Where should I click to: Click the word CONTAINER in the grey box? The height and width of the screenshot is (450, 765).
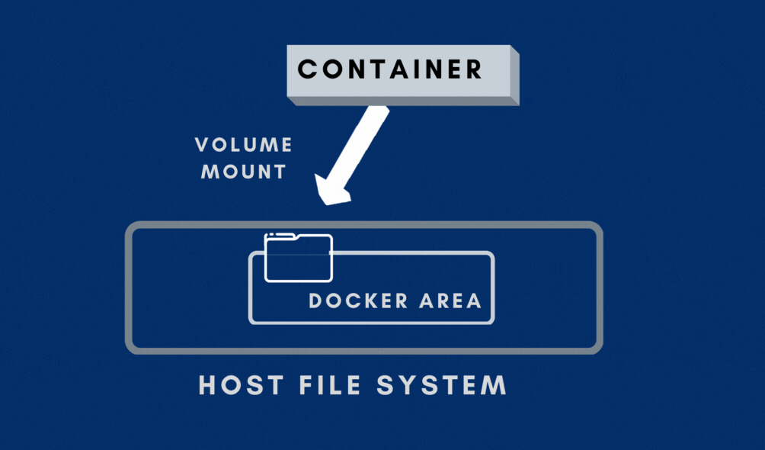click(x=389, y=69)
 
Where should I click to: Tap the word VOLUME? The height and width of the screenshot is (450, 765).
click(x=243, y=145)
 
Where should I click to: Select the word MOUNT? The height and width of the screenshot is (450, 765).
click(x=243, y=172)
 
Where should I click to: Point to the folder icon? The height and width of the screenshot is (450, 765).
click(x=298, y=257)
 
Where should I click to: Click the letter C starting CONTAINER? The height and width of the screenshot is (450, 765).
click(x=307, y=69)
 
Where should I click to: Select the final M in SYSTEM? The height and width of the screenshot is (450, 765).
click(x=495, y=384)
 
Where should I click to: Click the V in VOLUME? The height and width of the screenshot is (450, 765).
click(x=202, y=145)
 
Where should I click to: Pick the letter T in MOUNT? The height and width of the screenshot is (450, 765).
click(x=280, y=172)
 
